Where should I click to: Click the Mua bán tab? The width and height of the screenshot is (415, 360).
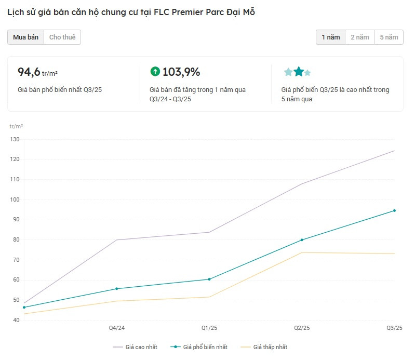(25, 37)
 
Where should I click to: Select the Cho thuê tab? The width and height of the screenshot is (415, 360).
(62, 37)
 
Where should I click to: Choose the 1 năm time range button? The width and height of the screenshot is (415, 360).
(330, 37)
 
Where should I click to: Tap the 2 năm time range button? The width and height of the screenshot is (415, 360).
(359, 37)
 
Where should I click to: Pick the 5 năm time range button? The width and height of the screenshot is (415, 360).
(389, 37)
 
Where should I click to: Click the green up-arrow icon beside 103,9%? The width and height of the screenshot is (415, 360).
(155, 72)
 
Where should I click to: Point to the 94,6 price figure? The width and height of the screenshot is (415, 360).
(29, 72)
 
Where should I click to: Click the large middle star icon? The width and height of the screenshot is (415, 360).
(299, 72)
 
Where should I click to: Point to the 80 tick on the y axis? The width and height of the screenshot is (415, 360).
(15, 240)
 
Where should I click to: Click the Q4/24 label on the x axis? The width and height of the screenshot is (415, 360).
(116, 328)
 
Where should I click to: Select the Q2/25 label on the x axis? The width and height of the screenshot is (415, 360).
(302, 328)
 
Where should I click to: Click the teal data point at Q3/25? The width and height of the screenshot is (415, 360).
(395, 210)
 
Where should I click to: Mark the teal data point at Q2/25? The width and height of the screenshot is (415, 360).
(302, 240)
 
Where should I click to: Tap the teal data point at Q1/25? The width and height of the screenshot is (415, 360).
(209, 279)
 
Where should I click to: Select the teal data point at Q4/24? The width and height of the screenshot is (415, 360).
(116, 289)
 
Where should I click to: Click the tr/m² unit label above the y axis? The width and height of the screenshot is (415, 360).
(16, 126)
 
